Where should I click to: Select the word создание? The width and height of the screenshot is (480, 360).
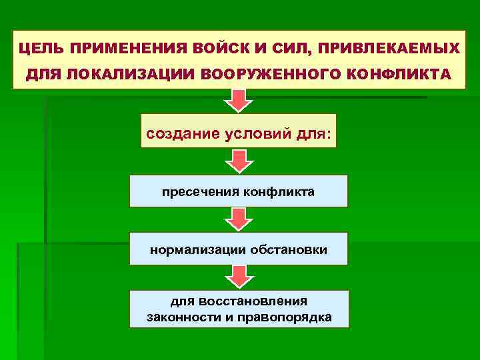(x=183, y=133)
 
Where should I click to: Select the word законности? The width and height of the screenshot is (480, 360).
(x=182, y=317)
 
